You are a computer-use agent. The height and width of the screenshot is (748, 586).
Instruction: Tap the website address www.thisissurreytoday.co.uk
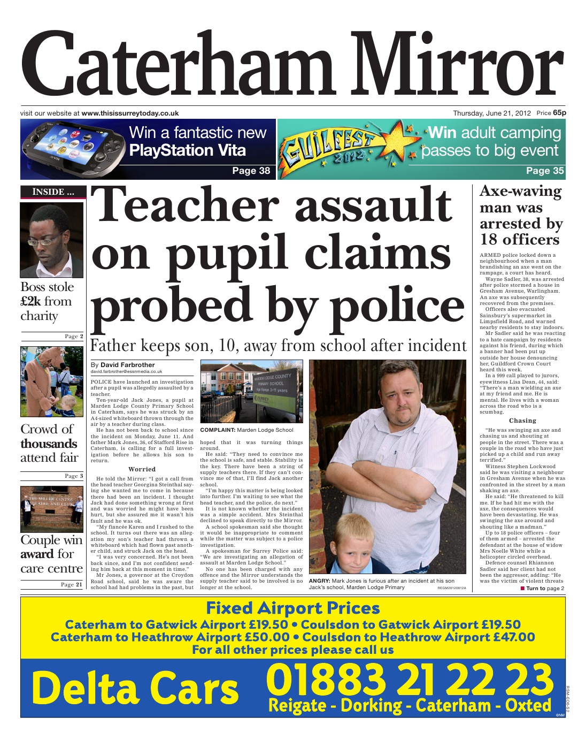tap(130, 113)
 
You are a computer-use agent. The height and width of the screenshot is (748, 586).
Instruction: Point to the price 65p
tap(559, 113)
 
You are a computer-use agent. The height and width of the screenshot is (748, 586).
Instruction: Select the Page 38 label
tap(251, 171)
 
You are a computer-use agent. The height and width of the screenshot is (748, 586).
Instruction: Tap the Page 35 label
tap(544, 171)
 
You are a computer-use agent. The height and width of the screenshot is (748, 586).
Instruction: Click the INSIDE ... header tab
tap(52, 192)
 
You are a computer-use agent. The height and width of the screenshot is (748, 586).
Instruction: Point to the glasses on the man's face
tap(48, 239)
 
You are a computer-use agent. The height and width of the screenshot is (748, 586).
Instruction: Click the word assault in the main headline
tap(373, 205)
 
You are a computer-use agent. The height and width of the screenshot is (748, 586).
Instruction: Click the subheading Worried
tap(142, 469)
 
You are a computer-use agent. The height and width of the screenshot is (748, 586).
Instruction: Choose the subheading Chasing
tap(522, 421)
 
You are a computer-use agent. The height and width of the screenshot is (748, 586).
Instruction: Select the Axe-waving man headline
tap(520, 215)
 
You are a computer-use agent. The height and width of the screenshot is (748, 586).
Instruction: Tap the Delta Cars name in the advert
tap(135, 688)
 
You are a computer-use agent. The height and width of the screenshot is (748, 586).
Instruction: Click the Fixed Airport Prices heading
tap(292, 608)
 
